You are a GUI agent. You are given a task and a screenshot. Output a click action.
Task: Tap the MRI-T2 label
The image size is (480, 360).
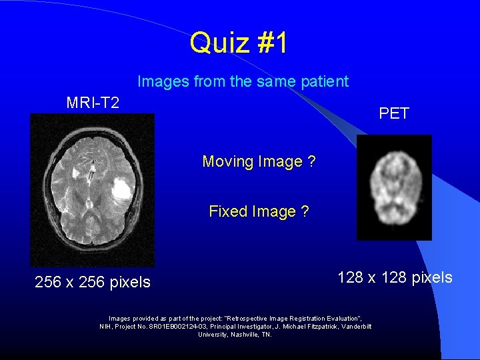[93, 103]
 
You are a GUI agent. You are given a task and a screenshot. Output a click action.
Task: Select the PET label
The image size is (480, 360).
[394, 113]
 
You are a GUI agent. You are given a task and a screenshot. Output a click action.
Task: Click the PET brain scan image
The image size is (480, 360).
[394, 187]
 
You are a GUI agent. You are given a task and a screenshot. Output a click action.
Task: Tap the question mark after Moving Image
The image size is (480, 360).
[312, 162]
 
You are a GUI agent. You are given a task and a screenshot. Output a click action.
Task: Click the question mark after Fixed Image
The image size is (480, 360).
[305, 212]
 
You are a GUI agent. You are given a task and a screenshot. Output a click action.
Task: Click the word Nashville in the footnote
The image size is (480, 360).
[239, 334]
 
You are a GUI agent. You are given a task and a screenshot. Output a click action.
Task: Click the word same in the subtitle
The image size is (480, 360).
[263, 82]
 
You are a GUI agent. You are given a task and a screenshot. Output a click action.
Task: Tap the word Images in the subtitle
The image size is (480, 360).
[163, 82]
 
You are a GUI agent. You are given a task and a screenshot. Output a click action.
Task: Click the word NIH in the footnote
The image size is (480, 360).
[105, 326]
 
